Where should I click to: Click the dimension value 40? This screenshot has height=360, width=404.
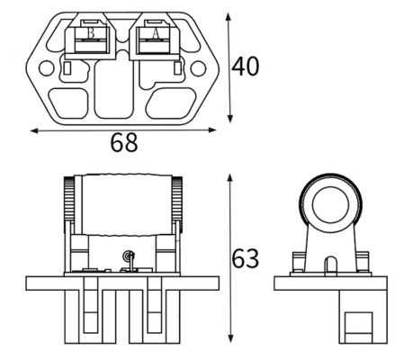pos(246,67)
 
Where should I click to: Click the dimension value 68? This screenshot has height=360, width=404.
pos(124,142)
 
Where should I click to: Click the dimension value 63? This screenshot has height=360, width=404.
pos(246,258)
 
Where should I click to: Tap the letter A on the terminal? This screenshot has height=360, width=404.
pos(156,33)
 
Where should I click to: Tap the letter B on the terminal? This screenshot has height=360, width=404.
pos(91,33)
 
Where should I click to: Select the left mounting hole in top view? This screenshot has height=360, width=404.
pos(47,68)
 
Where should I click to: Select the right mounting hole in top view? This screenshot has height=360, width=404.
pos(198,68)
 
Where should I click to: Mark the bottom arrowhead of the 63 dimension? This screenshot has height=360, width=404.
pos(230,339)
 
